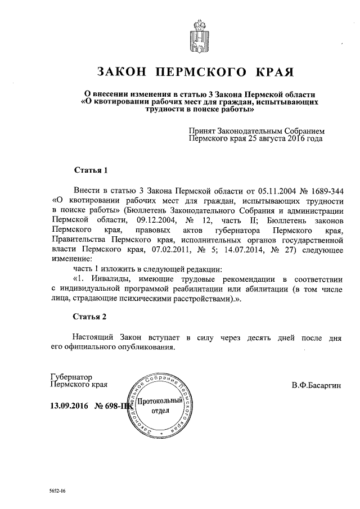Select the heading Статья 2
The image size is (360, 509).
90,317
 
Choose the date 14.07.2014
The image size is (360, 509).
247,250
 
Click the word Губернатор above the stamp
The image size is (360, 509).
71,377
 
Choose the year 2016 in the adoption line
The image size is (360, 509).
294,138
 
